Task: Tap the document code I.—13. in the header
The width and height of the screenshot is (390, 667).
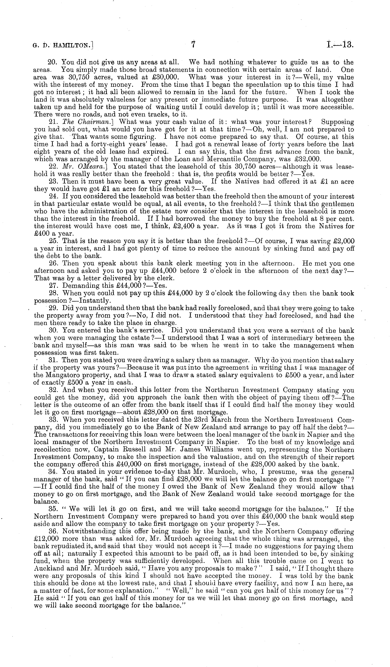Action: tap(340, 44)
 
